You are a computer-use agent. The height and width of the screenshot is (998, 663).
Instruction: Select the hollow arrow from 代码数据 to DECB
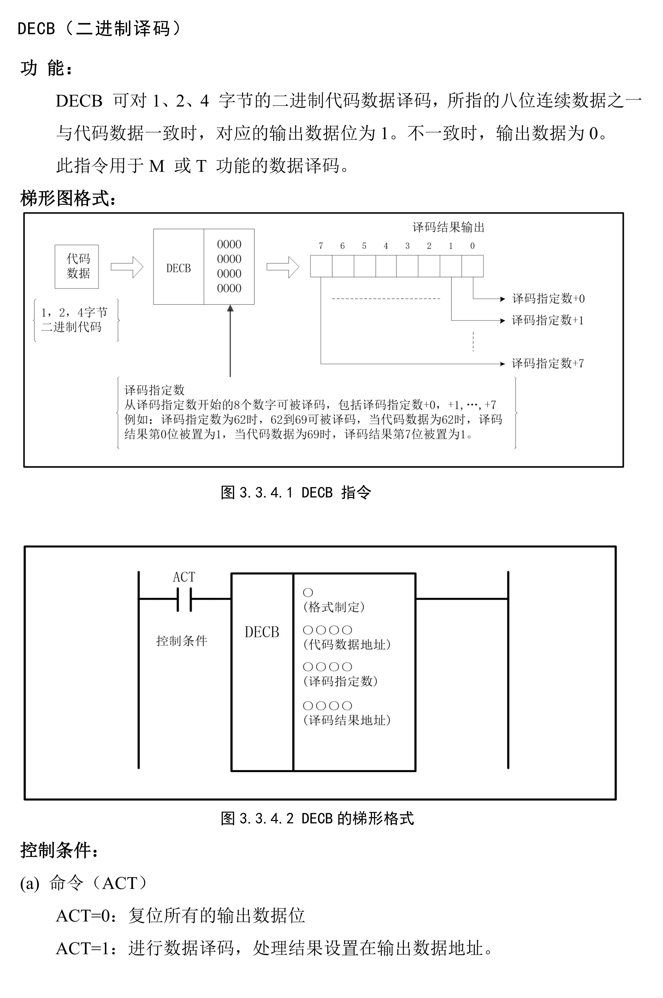pyautogui.click(x=127, y=267)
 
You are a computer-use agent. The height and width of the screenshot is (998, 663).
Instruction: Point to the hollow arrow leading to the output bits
pyautogui.click(x=282, y=267)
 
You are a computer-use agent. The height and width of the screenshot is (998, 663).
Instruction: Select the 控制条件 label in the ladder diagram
pyautogui.click(x=182, y=641)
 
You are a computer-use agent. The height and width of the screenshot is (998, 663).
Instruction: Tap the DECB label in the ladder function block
pyautogui.click(x=262, y=632)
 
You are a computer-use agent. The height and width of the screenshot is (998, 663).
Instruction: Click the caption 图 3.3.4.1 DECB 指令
pyautogui.click(x=296, y=493)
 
